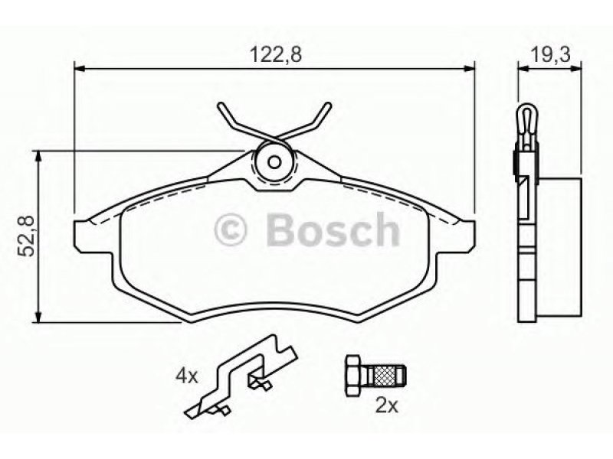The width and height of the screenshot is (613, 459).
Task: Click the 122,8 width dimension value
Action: click(276, 54)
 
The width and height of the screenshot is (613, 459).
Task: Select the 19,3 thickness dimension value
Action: click(550, 54)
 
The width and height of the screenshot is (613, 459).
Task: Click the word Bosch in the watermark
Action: click(333, 230)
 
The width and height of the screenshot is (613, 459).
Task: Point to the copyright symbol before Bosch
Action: click(231, 230)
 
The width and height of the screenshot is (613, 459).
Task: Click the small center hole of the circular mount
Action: click(274, 162)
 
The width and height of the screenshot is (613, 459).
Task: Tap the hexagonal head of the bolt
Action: click(353, 376)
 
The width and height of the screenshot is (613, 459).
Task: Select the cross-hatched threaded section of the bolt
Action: click(385, 375)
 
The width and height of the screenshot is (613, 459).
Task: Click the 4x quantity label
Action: click(187, 376)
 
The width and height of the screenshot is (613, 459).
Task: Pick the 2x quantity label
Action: click(387, 406)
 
